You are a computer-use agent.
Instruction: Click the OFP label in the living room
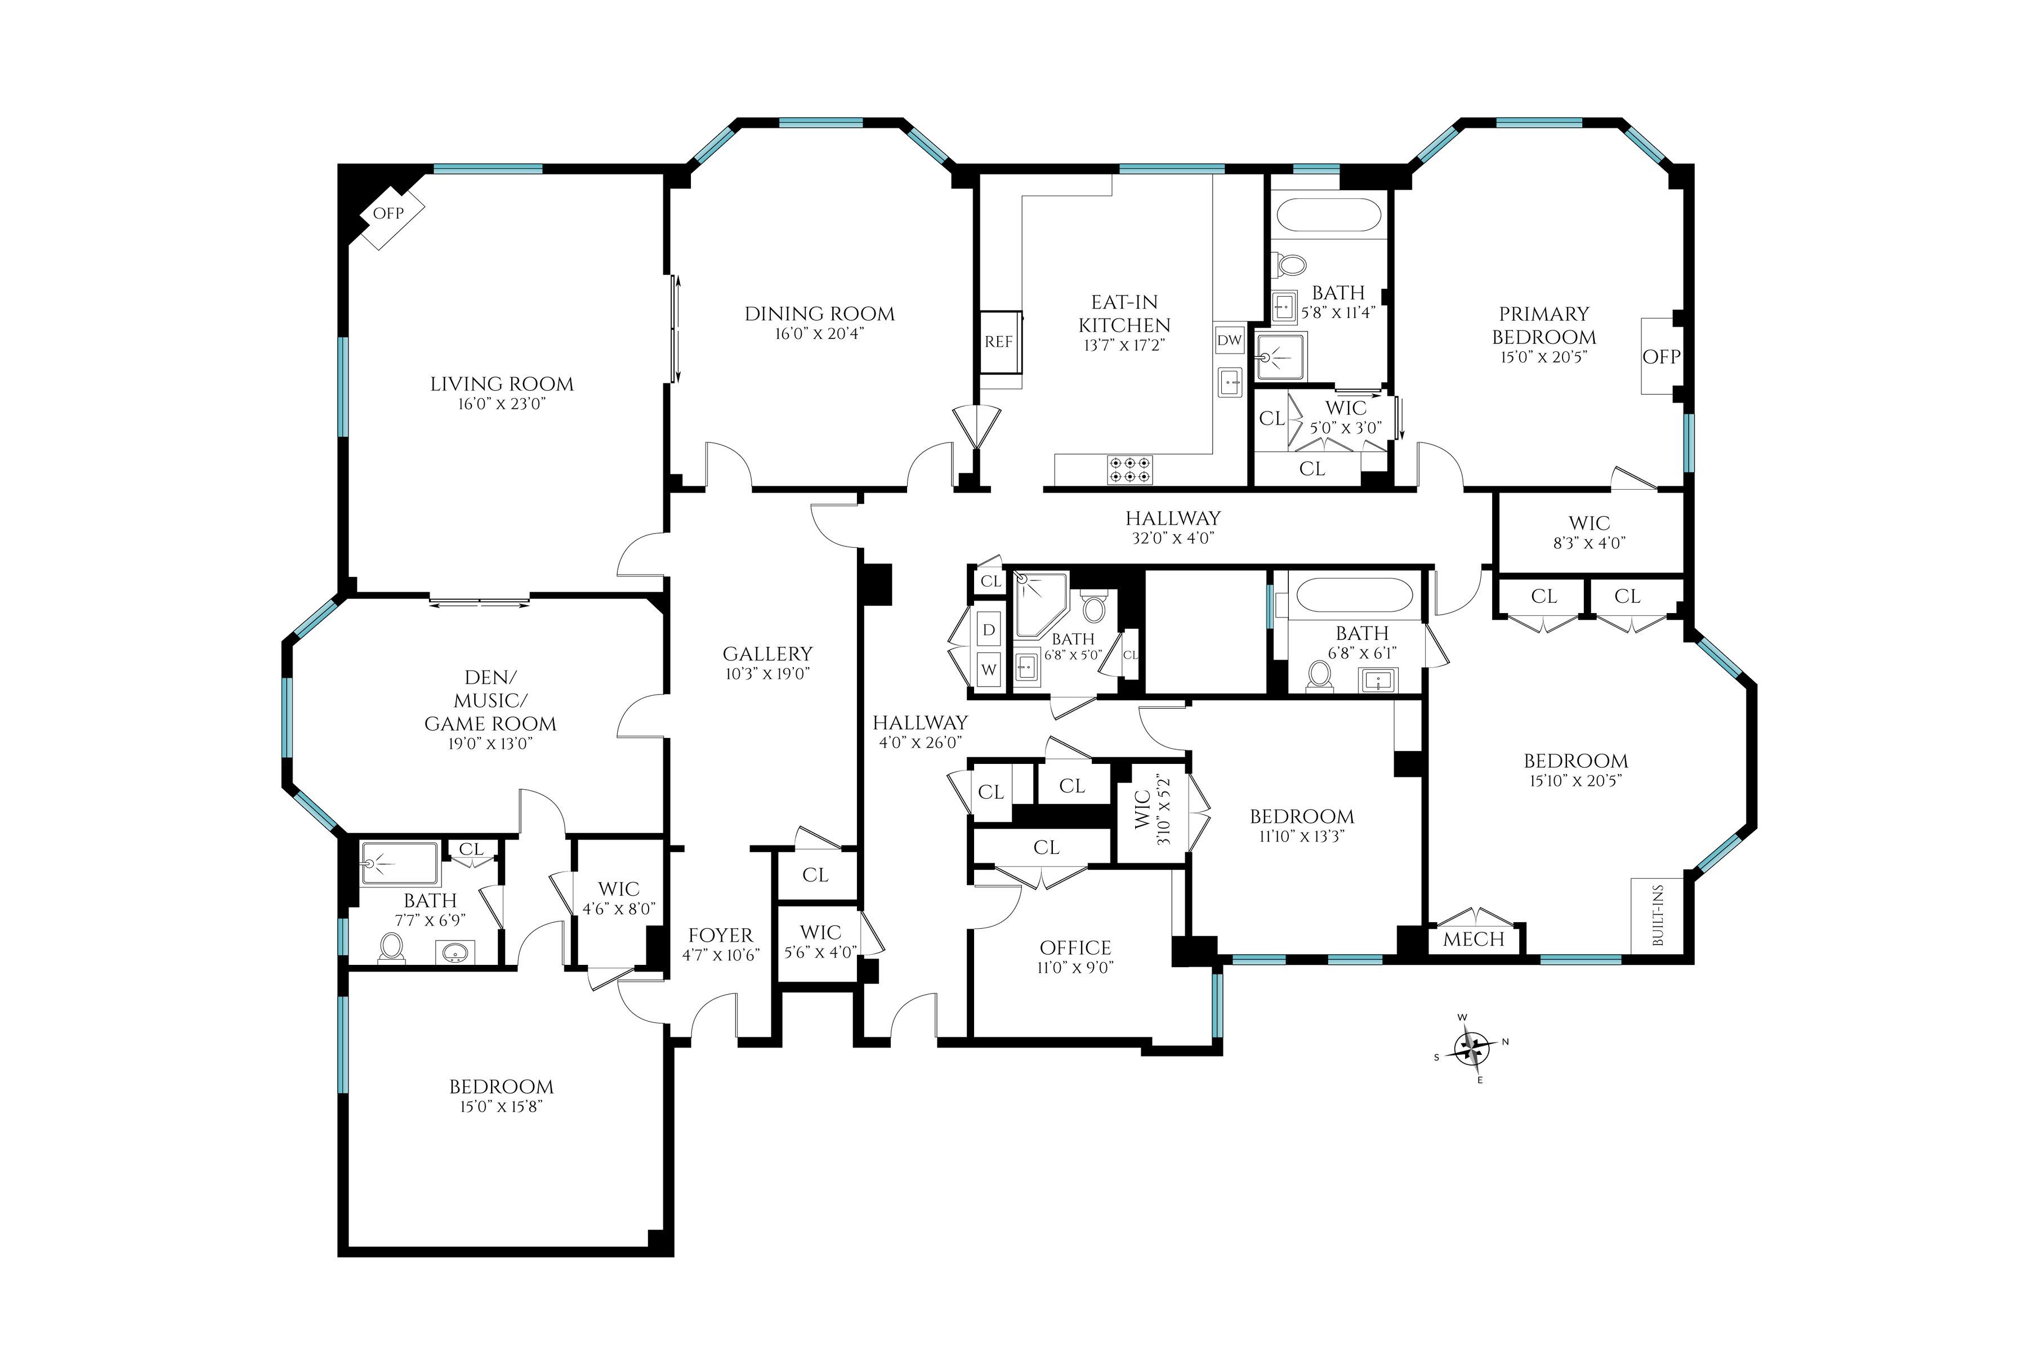pos(388,213)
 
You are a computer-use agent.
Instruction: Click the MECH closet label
pos(1473,939)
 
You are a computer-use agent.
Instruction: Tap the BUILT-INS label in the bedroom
pos(1657,916)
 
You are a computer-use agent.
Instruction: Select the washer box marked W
pos(989,669)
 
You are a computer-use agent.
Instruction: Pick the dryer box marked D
pos(989,630)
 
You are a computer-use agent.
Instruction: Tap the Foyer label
pos(721,935)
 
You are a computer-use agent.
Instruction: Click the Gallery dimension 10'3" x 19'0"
pos(767,674)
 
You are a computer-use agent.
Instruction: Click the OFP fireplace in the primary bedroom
pos(1660,356)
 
